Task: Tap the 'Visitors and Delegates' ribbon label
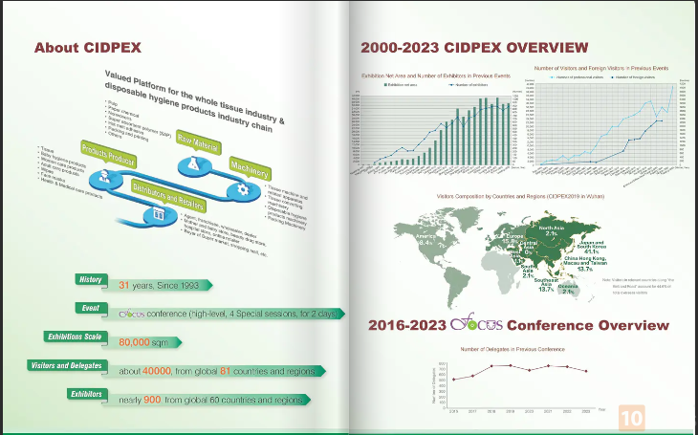pos(67,365)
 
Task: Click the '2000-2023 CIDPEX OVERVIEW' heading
pos(473,47)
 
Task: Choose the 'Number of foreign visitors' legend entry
pos(637,76)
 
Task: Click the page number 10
pos(632,418)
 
